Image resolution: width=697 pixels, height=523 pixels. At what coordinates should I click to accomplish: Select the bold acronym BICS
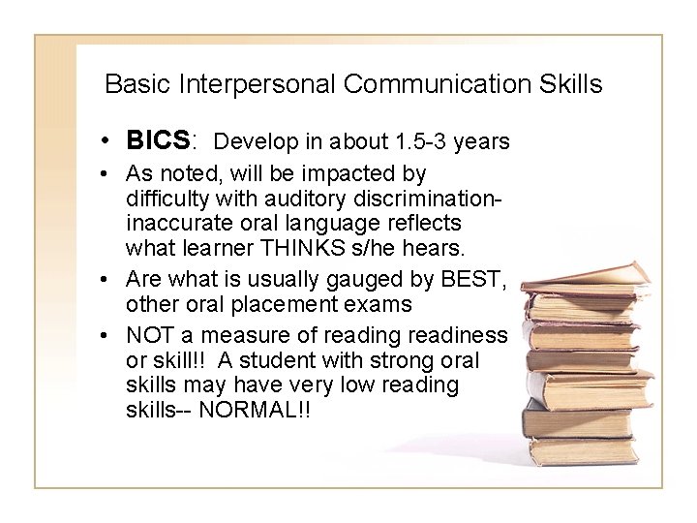click(161, 140)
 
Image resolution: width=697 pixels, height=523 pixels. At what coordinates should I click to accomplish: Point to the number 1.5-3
click(421, 142)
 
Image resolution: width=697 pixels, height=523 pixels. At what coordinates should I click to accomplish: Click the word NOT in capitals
click(148, 335)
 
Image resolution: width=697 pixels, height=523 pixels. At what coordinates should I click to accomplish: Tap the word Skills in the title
click(568, 84)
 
